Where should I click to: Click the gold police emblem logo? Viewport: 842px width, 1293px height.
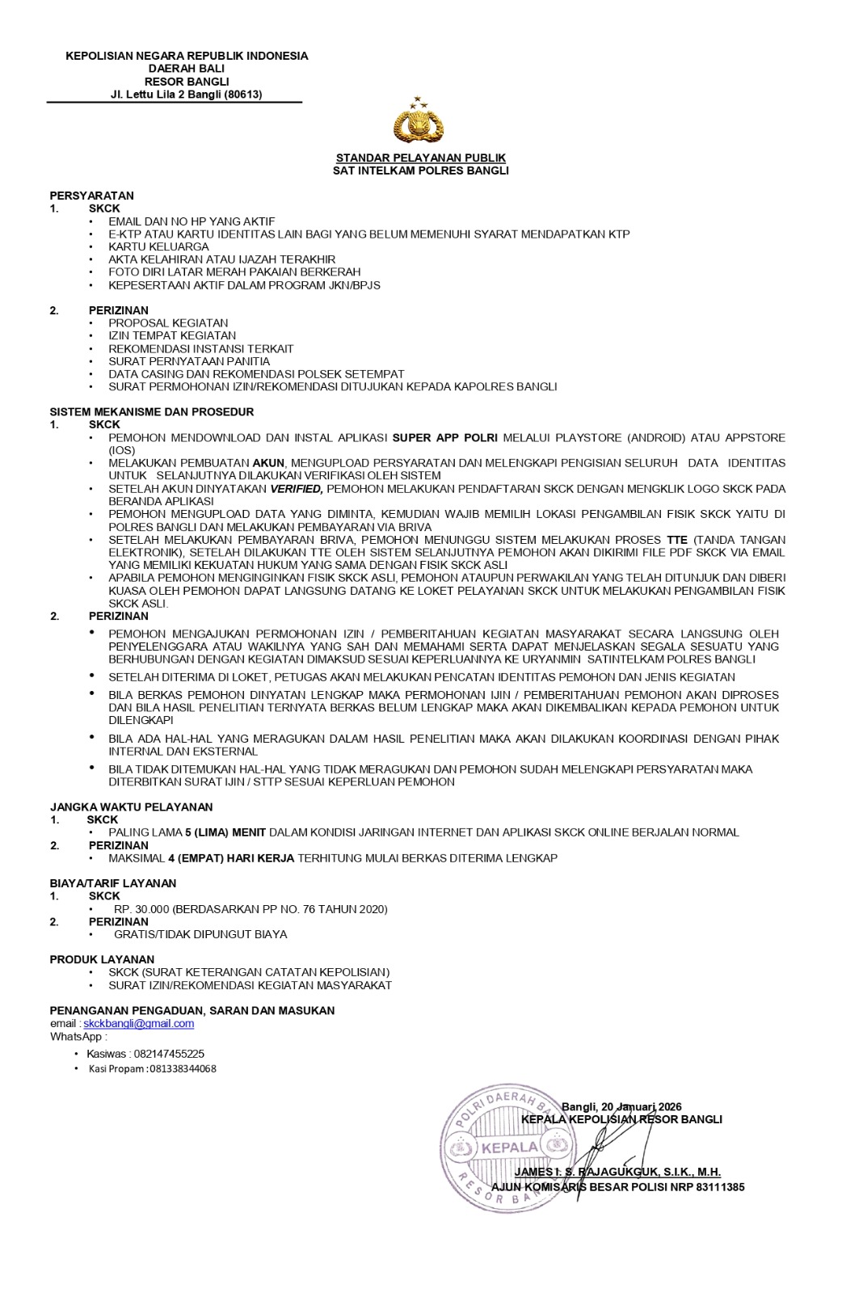click(x=419, y=121)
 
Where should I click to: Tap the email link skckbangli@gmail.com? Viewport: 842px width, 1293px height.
click(x=138, y=1023)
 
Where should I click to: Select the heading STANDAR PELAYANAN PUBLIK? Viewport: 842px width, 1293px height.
click(x=420, y=158)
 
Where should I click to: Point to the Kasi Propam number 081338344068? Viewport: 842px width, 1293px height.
click(x=183, y=1068)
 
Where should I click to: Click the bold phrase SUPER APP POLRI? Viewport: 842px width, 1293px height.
click(x=444, y=437)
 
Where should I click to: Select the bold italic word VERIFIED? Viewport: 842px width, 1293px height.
click(x=297, y=488)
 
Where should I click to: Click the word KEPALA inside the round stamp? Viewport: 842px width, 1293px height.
click(x=509, y=1147)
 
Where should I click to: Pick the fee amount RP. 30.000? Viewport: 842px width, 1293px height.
click(x=141, y=909)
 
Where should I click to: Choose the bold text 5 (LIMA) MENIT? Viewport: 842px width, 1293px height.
click(x=225, y=832)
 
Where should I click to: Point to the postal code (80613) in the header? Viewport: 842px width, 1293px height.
click(x=243, y=95)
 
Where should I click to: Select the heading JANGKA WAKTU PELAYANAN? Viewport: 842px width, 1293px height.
click(x=131, y=807)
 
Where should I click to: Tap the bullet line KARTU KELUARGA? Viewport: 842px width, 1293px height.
click(x=158, y=246)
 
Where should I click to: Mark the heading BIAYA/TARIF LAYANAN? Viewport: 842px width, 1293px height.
click(x=112, y=883)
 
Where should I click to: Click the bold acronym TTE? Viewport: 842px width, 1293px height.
click(x=676, y=540)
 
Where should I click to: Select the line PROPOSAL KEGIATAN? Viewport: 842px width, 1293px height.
click(x=168, y=322)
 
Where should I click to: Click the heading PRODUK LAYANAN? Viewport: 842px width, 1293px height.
click(x=102, y=959)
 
